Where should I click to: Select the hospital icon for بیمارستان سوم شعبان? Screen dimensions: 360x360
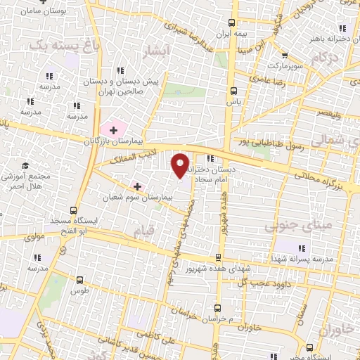136,186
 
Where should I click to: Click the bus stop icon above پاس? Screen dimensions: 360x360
233,91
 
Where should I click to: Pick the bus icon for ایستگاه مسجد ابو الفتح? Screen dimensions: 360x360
74,210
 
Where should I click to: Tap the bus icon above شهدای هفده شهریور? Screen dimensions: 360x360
219,258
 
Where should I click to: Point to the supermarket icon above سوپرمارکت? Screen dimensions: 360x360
285,57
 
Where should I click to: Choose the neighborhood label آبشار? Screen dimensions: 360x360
155,52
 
